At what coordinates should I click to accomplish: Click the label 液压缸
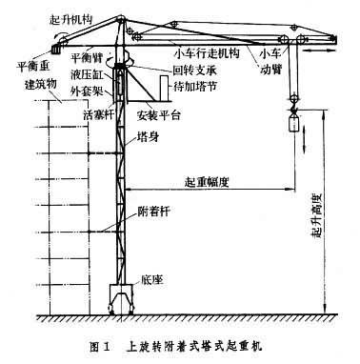tap(87, 73)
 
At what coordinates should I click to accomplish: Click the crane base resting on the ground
tap(122, 297)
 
